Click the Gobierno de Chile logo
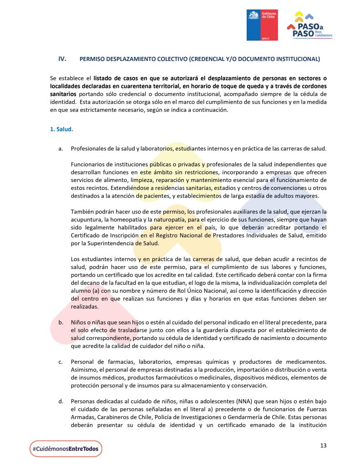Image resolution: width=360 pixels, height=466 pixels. [x=262, y=25]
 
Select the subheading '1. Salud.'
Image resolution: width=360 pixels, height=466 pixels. [x=61, y=129]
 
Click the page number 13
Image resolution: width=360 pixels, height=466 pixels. [x=323, y=445]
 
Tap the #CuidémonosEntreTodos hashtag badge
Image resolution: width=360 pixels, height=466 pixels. [x=66, y=449]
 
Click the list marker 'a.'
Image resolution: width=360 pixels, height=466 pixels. [x=61, y=149]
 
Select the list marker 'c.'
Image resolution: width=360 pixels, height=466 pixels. [x=61, y=362]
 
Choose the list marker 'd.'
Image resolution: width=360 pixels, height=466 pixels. [x=61, y=401]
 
